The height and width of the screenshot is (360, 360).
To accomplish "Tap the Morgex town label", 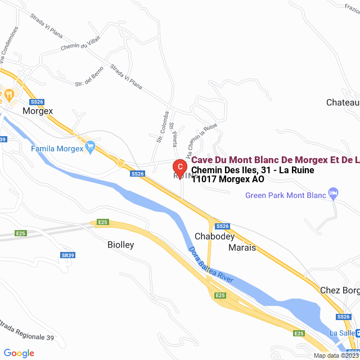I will point(38,111).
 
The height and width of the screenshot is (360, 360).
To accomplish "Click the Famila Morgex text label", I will point(57,148).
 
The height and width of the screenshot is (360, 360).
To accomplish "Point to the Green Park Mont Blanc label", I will point(286,195).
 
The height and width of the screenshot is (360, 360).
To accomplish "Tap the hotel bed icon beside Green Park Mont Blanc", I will point(334,194).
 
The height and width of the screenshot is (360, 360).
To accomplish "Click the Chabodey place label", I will point(214,236).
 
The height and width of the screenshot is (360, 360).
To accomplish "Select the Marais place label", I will point(241,247).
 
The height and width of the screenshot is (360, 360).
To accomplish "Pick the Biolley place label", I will point(120,245).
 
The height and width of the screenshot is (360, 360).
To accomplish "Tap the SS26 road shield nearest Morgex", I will point(37,102).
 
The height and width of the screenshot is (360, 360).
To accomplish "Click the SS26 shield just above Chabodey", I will point(223,226).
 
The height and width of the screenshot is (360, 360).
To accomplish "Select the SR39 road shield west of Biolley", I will point(67,255).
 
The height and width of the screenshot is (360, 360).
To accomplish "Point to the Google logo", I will point(19,353).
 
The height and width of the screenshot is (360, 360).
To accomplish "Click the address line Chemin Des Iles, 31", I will point(252,170).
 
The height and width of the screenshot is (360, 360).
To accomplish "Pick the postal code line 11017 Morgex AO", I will point(228,180).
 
